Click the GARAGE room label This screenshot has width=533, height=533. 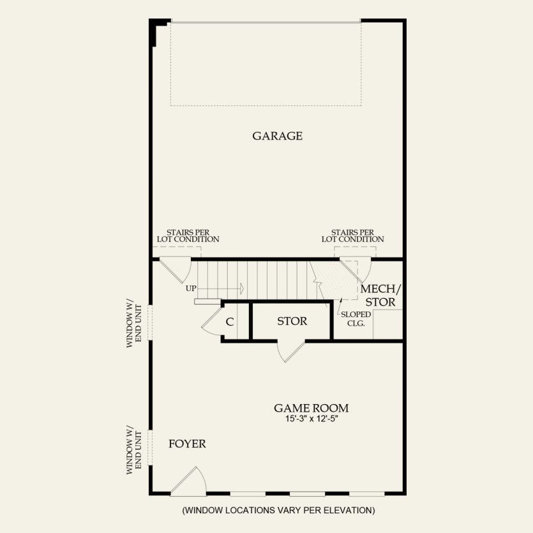(277, 136)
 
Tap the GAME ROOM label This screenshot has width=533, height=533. (312, 408)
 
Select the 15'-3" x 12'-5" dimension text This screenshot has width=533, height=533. (312, 420)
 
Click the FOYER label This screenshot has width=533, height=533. (187, 444)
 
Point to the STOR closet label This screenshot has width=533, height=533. (292, 321)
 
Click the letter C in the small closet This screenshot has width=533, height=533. (229, 322)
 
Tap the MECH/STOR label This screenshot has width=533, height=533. (379, 295)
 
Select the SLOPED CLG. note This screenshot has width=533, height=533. (356, 319)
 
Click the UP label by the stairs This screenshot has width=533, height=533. (191, 289)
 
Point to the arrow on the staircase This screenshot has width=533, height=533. (241, 288)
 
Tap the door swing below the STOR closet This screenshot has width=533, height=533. (290, 351)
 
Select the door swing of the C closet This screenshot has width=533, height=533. (211, 322)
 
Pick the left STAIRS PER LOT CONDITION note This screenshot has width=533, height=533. (188, 236)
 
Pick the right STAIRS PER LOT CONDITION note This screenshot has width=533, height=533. (352, 236)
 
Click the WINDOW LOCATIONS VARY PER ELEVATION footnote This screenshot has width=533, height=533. (278, 510)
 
